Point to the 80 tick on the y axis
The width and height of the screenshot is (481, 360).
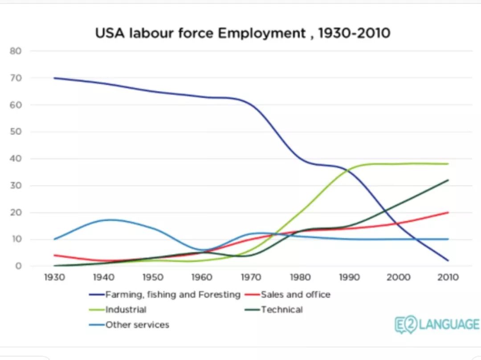pyautogui.click(x=16, y=51)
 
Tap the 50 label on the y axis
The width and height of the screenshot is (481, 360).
pyautogui.click(x=16, y=132)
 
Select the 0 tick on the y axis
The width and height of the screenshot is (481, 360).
pyautogui.click(x=19, y=266)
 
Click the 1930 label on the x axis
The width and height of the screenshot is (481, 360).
pyautogui.click(x=54, y=277)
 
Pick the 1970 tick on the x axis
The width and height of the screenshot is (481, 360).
pyautogui.click(x=251, y=277)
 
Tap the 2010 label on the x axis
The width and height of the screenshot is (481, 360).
pyautogui.click(x=448, y=277)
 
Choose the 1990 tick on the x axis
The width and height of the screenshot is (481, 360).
pyautogui.click(x=349, y=277)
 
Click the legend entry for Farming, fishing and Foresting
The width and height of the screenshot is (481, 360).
pyautogui.click(x=173, y=295)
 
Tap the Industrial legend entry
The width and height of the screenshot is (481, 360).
pyautogui.click(x=126, y=310)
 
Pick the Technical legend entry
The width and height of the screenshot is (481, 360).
pyautogui.click(x=281, y=310)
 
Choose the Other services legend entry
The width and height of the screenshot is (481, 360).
pyautogui.click(x=137, y=325)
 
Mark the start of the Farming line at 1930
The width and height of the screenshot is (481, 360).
pyautogui.click(x=54, y=78)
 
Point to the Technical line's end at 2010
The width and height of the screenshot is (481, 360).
pyautogui.click(x=448, y=180)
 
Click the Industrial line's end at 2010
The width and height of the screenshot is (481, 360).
pyautogui.click(x=448, y=164)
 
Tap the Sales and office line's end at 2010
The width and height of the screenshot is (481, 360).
pyautogui.click(x=448, y=212)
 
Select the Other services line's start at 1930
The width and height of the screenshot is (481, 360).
pyautogui.click(x=54, y=239)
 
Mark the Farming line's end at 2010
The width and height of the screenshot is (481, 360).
pyautogui.click(x=448, y=261)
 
